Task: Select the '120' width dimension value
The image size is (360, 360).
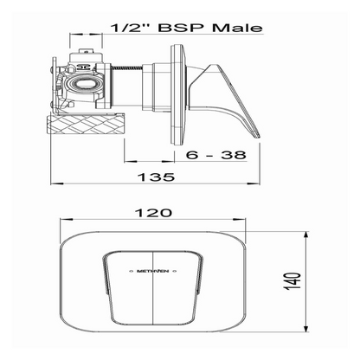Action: pos(157,212)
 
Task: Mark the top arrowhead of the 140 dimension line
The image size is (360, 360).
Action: pos(309,234)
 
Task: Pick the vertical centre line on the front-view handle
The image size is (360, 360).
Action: pos(156,294)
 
